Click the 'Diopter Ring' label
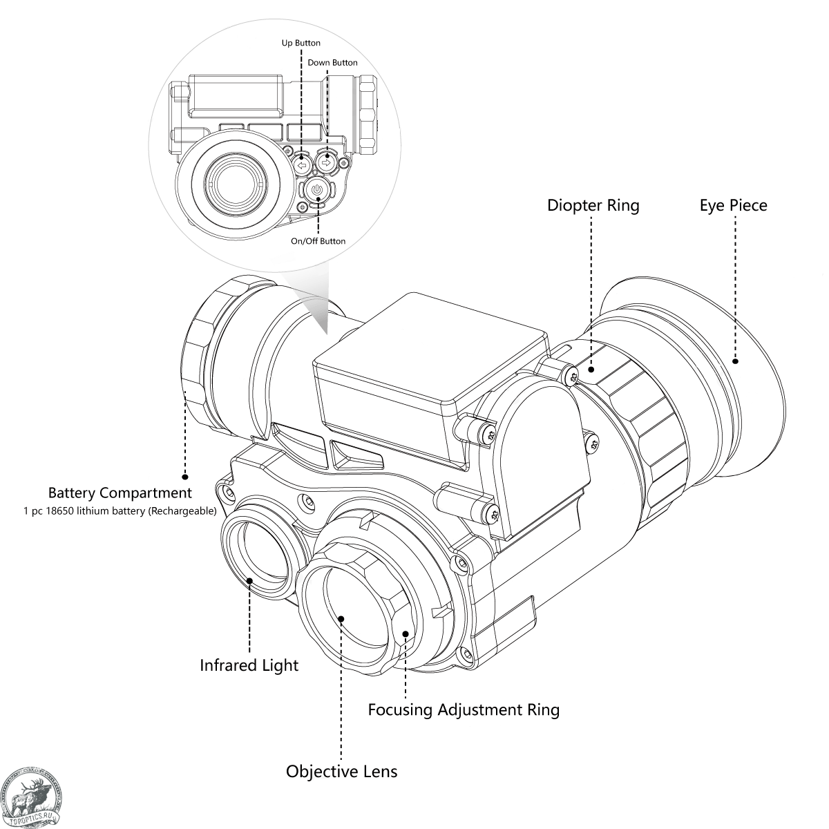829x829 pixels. tap(593, 205)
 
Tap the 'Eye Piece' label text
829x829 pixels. tap(733, 205)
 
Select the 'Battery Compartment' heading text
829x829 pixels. tap(120, 493)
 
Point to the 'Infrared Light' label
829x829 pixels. tap(249, 665)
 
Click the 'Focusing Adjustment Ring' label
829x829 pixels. tap(463, 709)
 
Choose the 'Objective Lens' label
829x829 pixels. tap(341, 771)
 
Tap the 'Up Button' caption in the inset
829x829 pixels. tap(301, 43)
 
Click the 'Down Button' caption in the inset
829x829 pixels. tap(332, 63)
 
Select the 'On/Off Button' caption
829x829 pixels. tap(318, 241)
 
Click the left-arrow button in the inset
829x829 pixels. tap(301, 165)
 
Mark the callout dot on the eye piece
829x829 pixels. tap(735, 361)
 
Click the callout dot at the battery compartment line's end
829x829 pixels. tap(185, 477)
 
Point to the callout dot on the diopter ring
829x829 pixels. tap(591, 370)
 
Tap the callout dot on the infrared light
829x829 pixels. tap(250, 580)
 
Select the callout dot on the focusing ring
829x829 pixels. tap(406, 633)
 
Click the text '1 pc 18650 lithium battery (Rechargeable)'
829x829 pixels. tap(120, 512)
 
